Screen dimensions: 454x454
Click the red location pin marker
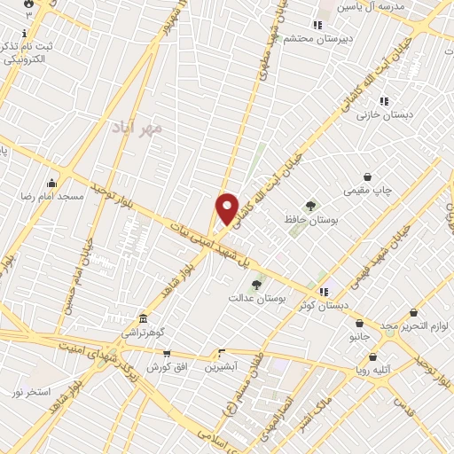point(228,208)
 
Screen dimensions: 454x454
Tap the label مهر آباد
point(138,127)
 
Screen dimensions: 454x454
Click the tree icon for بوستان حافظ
point(309,206)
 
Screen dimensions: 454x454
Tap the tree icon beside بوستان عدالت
point(257,285)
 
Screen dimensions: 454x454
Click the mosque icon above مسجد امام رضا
point(52,183)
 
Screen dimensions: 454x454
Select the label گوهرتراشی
point(144,332)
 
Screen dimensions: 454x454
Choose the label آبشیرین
point(221,365)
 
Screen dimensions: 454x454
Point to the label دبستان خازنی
point(380,115)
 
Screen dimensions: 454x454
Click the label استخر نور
point(32,391)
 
